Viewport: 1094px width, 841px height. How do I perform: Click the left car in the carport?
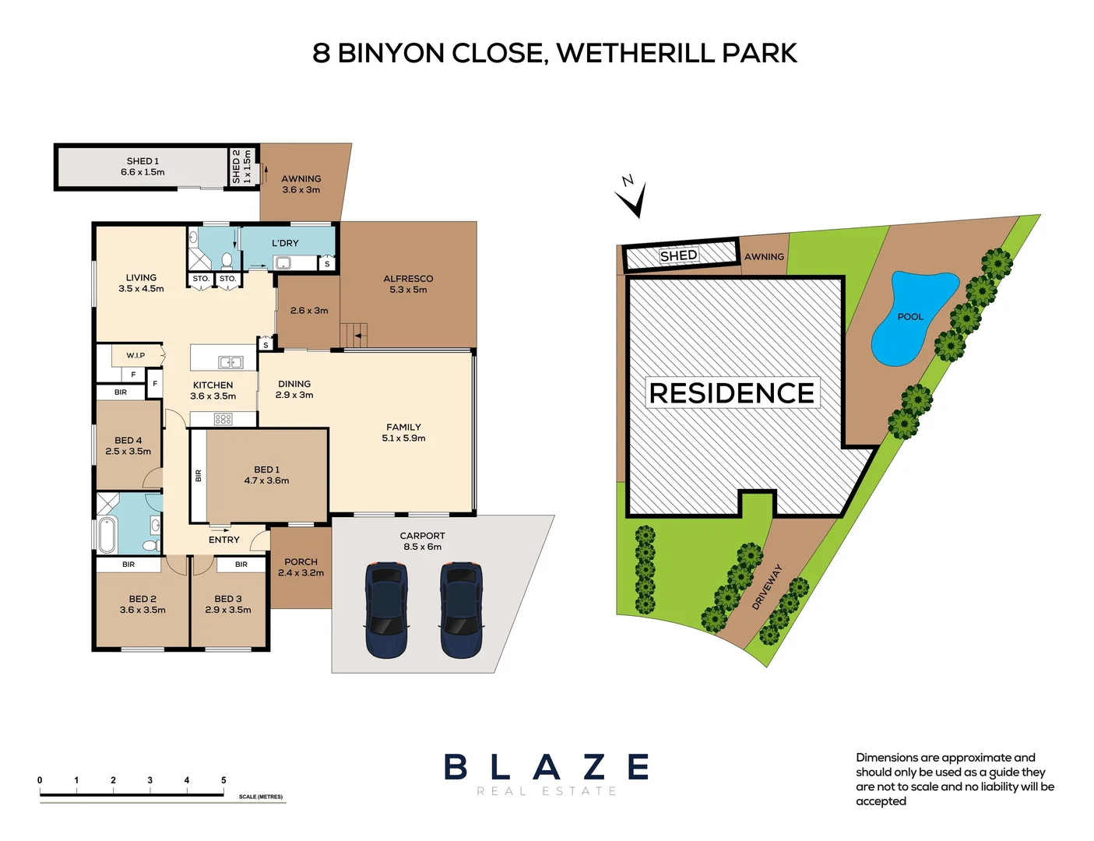[x=386, y=610]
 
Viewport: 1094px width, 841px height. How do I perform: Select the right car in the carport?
[x=462, y=610]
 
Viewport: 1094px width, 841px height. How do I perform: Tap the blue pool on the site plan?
[x=909, y=317]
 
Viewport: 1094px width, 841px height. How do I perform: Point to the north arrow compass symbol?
[x=632, y=196]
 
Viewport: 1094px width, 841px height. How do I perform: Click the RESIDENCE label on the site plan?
[x=731, y=393]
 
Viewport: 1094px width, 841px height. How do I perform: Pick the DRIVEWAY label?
[x=766, y=587]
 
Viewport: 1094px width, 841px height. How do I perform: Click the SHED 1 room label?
[x=142, y=167]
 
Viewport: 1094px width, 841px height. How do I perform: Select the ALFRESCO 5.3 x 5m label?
[x=408, y=284]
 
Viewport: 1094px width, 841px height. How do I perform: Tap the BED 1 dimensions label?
[x=266, y=475]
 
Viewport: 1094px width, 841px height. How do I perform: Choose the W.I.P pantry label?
[x=135, y=355]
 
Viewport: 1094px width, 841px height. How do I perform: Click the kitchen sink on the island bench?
[x=230, y=362]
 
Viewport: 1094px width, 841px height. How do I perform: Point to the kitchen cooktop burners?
[x=223, y=419]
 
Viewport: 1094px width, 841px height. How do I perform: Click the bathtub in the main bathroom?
[x=107, y=534]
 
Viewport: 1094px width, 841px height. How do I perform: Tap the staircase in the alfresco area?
[x=354, y=335]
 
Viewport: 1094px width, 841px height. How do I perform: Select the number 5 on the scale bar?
[x=223, y=779]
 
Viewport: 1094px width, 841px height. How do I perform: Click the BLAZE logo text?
[x=547, y=767]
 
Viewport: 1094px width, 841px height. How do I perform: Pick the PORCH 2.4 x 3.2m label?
[x=301, y=567]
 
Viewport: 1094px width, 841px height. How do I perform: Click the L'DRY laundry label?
[x=285, y=243]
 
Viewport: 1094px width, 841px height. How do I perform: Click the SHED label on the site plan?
[x=678, y=255]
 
